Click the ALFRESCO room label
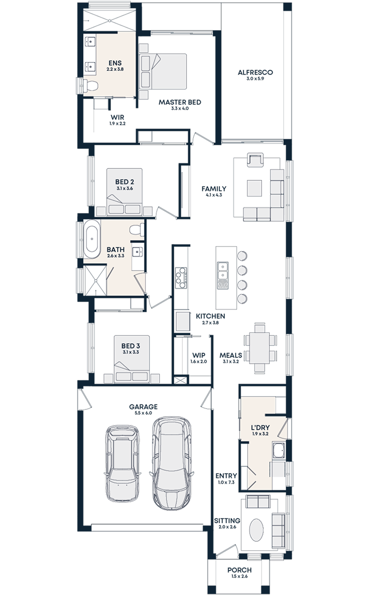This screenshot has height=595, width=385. click(255, 73)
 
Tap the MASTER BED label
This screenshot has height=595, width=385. click(180, 102)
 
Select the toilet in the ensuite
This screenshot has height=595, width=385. click(91, 85)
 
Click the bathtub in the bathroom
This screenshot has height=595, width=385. click(91, 239)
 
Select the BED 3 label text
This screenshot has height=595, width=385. click(130, 346)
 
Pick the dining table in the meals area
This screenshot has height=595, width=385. click(260, 347)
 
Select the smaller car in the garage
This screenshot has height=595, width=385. click(122, 463)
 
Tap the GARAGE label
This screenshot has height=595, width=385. click(143, 407)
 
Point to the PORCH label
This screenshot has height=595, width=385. click(240, 570)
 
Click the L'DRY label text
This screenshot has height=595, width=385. click(261, 427)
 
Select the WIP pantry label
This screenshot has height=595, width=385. click(198, 355)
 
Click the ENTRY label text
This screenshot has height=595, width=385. click(226, 476)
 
